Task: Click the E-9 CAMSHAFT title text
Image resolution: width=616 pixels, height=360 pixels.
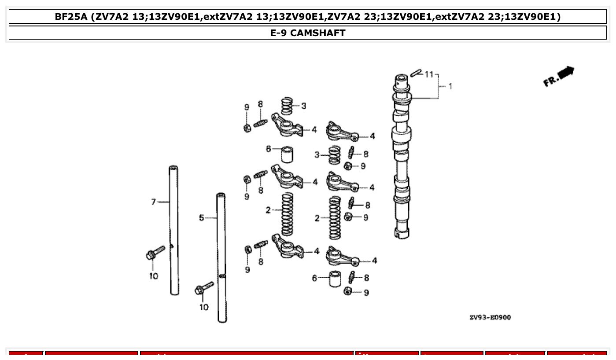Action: pos(308,33)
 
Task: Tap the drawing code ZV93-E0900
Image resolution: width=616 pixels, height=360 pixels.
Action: pos(490,317)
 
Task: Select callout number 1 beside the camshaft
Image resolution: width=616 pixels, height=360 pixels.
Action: pos(450,86)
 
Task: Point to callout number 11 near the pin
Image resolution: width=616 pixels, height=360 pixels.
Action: pos(429,74)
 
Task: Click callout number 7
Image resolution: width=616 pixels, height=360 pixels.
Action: pos(153,202)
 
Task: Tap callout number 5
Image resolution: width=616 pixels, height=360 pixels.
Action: pos(201,218)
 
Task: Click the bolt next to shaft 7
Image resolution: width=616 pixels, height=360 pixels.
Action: pos(155,253)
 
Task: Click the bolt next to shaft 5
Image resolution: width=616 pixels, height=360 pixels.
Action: pos(204,288)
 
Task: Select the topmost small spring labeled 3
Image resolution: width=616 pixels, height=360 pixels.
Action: pos(288,106)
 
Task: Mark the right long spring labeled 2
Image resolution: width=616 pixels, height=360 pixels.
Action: pos(335,217)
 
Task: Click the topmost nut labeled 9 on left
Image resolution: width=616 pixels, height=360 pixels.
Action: pos(247,128)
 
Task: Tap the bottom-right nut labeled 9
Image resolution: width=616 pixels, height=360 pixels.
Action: pos(348,290)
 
